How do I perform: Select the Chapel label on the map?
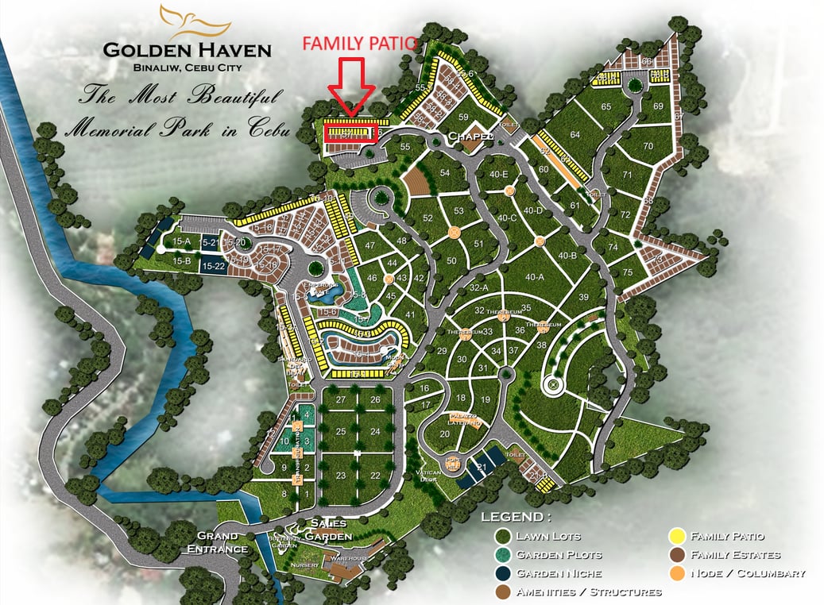click(x=466, y=137)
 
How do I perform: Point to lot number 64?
click(x=575, y=135)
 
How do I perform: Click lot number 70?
click(x=648, y=146)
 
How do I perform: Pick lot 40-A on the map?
click(x=534, y=277)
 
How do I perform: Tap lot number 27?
click(x=341, y=399)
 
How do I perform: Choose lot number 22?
click(x=375, y=476)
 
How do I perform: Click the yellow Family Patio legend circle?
click(x=678, y=538)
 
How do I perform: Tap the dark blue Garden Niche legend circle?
click(x=503, y=573)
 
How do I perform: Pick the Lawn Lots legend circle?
click(x=503, y=537)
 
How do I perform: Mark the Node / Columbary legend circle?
click(x=678, y=573)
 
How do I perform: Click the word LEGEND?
click(x=516, y=517)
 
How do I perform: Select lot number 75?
click(x=628, y=272)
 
